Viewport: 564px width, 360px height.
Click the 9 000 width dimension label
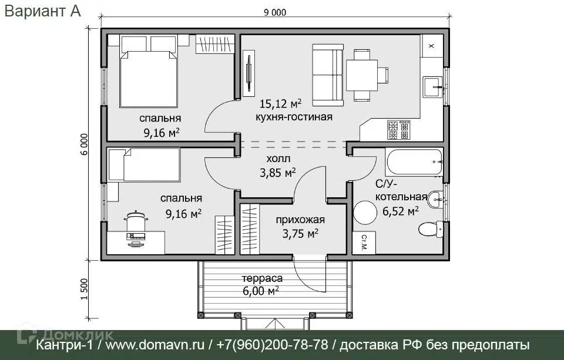click(x=275, y=12)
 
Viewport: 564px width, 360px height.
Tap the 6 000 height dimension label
click(x=84, y=144)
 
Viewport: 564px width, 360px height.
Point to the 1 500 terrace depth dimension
click(x=84, y=289)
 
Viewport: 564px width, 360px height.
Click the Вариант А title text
click(x=42, y=11)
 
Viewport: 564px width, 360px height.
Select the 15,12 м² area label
click(x=280, y=104)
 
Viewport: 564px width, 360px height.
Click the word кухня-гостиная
click(x=294, y=117)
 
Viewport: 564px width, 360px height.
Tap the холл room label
click(x=278, y=159)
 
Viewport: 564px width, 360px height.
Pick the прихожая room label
click(x=300, y=220)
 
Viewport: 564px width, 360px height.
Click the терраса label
click(x=262, y=278)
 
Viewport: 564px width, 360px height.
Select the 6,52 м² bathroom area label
click(x=400, y=211)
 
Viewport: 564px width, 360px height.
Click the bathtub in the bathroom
click(x=414, y=162)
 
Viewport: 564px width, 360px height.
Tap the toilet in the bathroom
click(x=431, y=229)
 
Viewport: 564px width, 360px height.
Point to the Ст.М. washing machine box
click(x=364, y=243)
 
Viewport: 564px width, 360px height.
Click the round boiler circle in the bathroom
click(x=365, y=213)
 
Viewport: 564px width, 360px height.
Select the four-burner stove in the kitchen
click(x=398, y=130)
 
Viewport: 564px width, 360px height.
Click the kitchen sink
click(x=432, y=87)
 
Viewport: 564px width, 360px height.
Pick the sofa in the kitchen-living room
click(x=328, y=75)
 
